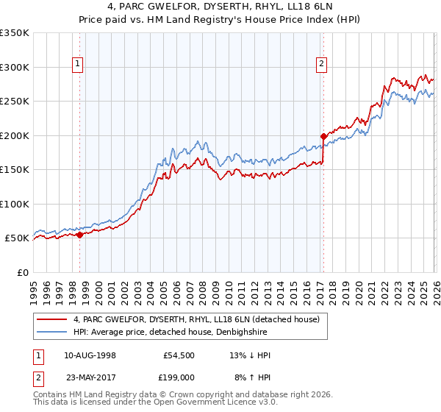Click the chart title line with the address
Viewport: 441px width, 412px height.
click(220, 7)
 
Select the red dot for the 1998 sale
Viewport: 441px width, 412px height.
click(79, 235)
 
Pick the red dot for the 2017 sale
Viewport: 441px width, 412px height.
click(323, 136)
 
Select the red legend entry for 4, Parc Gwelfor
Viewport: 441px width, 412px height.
click(196, 320)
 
